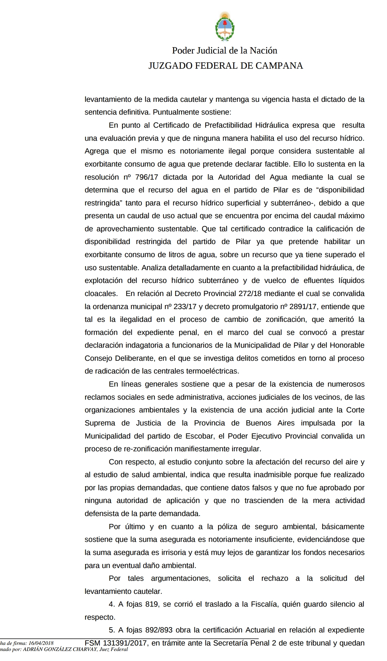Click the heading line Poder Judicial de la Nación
225,50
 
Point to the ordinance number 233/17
185,307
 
